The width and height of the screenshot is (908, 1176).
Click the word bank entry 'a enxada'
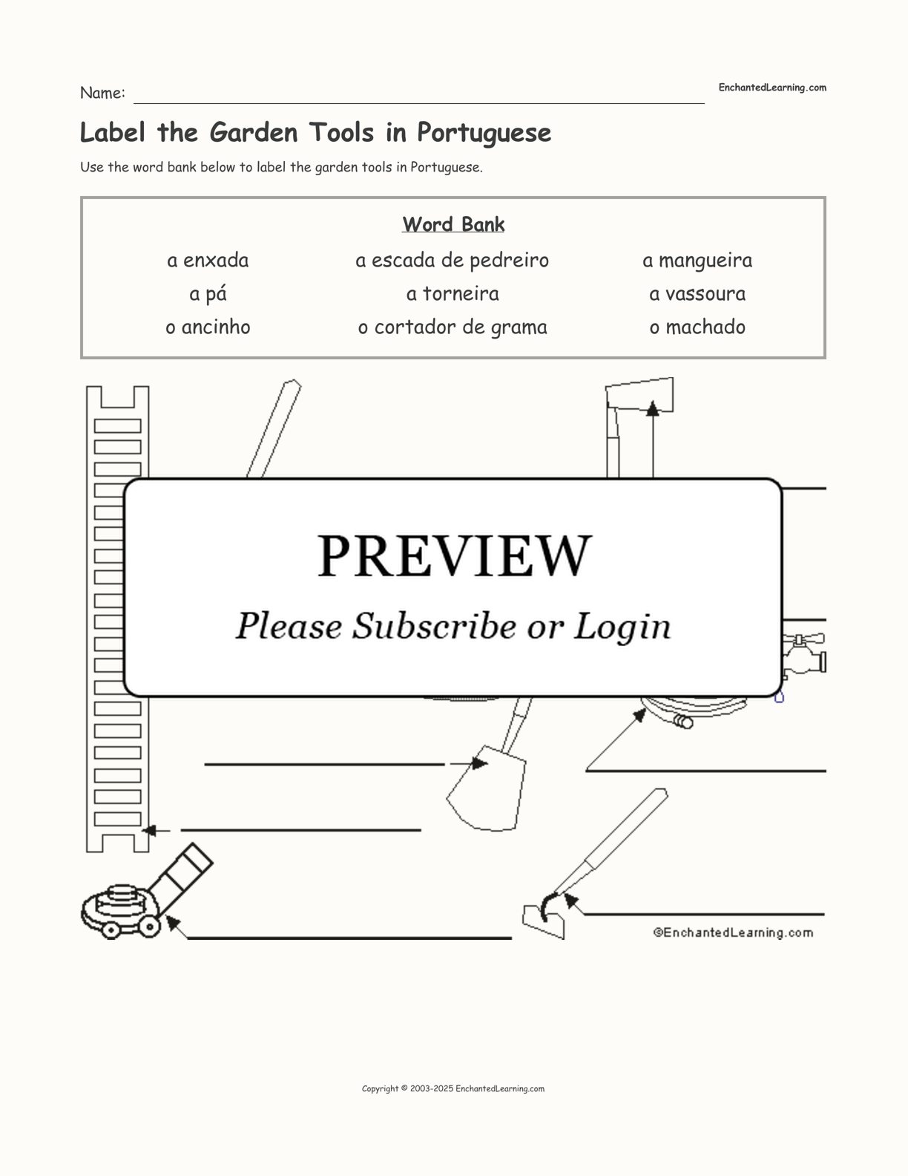[208, 261]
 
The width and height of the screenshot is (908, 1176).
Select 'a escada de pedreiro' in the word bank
[452, 261]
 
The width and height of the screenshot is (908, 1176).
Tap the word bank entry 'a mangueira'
[697, 261]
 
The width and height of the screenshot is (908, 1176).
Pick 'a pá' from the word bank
[208, 294]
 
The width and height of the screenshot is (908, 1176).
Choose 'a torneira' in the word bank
[453, 294]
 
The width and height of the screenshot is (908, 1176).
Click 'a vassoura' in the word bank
[697, 294]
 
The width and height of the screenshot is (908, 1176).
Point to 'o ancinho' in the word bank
[208, 327]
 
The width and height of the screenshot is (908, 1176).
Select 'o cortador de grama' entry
[453, 327]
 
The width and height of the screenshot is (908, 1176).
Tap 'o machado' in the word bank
[697, 327]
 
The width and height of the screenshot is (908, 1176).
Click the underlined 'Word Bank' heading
[453, 224]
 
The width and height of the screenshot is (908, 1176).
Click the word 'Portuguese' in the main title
[484, 133]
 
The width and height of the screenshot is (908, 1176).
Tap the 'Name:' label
[102, 93]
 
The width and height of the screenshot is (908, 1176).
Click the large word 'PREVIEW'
[454, 556]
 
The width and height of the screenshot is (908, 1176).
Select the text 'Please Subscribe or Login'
[453, 626]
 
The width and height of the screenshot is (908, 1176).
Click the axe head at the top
[639, 394]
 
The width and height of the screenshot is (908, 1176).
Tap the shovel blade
[486, 788]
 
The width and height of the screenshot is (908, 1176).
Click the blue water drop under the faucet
[779, 697]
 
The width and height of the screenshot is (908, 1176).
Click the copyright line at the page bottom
[453, 1089]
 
